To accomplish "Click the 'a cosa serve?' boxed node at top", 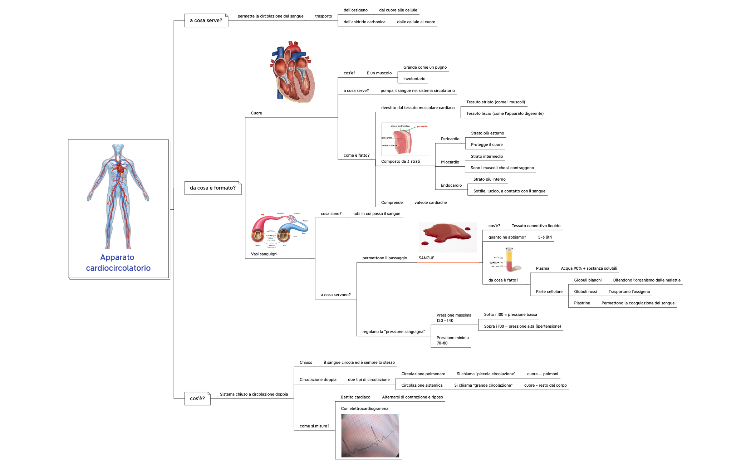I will tap(206, 20).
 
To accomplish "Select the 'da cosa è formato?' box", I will tap(213, 188).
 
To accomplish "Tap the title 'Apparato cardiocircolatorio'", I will tap(118, 263).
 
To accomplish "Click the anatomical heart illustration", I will tap(293, 72).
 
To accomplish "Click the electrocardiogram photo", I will tap(370, 435).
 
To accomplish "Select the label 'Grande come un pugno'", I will tap(425, 67).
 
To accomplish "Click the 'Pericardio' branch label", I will tap(450, 139).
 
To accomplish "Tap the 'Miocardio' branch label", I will tap(450, 162).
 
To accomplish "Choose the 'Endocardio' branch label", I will tap(451, 185).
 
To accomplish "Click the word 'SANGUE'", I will tap(426, 258).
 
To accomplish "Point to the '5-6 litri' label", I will tap(545, 237).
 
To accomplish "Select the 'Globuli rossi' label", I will tap(585, 292).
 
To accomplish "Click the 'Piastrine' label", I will tap(582, 303).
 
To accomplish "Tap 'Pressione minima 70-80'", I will tap(452, 340).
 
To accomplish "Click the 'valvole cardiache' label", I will tap(430, 202).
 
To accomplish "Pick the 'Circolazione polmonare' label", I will tap(423, 374).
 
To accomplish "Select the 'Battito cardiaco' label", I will tap(355, 397).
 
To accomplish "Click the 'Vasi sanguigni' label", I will tap(264, 254).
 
